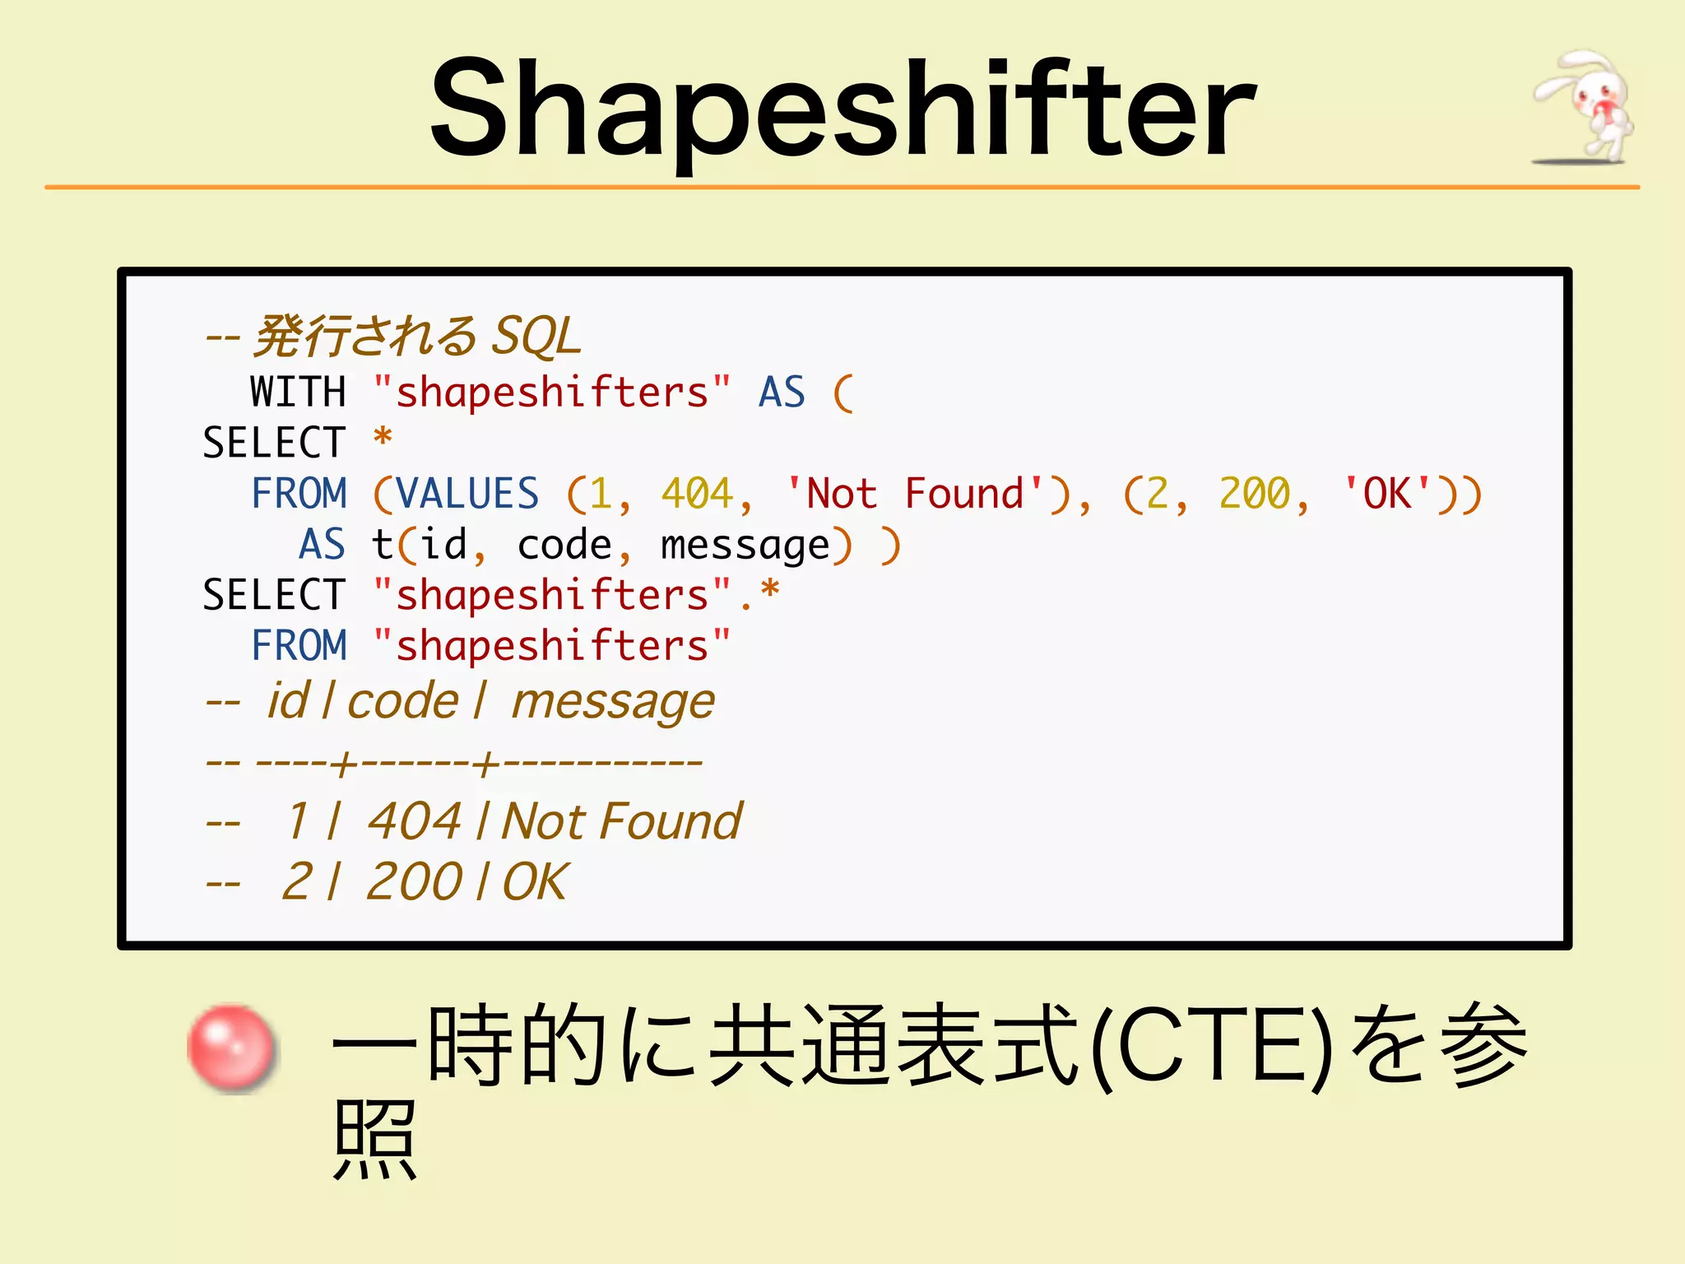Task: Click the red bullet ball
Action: (x=231, y=1048)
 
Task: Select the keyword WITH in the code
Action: (x=298, y=392)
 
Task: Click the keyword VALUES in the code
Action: (x=467, y=494)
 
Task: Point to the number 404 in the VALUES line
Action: (x=698, y=494)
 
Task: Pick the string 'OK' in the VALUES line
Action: (x=1388, y=494)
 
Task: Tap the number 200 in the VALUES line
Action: (x=1255, y=494)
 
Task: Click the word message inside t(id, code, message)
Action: (x=745, y=546)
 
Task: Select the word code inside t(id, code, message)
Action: (x=564, y=546)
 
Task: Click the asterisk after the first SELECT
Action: (x=383, y=439)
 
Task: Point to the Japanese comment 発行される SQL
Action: (x=416, y=336)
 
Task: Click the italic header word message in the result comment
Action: (x=613, y=702)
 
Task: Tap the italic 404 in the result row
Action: (x=414, y=821)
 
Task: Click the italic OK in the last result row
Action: (x=534, y=882)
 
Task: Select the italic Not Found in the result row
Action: (x=622, y=821)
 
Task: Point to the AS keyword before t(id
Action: (x=322, y=546)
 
